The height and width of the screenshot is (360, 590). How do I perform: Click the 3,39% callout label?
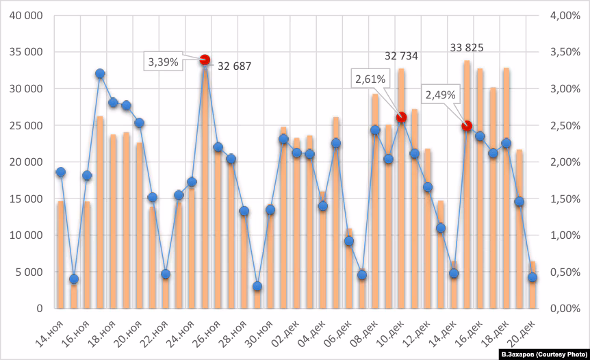(x=163, y=62)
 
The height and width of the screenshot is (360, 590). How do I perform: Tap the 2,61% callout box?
(x=370, y=79)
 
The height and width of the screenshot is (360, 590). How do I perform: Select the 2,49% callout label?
(x=440, y=95)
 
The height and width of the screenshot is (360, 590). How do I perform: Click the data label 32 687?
(x=235, y=66)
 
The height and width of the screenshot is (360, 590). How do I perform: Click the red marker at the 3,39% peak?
(x=205, y=60)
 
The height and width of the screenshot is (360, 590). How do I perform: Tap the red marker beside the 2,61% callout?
(x=402, y=117)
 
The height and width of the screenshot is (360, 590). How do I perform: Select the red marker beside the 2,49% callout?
(x=467, y=126)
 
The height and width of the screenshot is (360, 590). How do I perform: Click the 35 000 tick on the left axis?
(x=26, y=52)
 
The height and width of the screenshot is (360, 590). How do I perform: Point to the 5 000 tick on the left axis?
(x=29, y=272)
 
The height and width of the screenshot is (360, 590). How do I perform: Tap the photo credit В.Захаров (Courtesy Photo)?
(x=543, y=355)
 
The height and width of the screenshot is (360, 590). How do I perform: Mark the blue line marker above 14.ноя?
(x=60, y=172)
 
